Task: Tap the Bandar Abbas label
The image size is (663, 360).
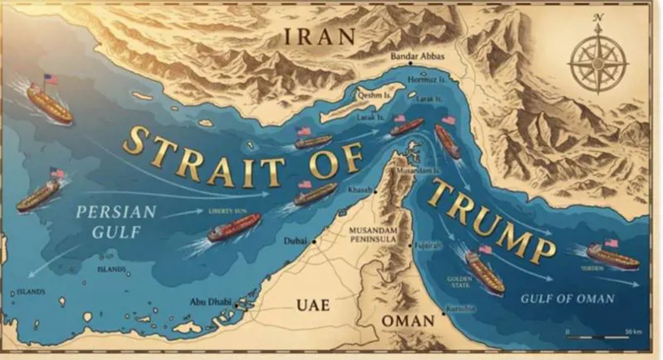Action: (x=417, y=57)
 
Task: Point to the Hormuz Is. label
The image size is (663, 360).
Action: (x=426, y=80)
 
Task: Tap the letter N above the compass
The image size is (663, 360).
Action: (x=598, y=18)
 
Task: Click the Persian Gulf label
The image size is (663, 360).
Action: (x=116, y=221)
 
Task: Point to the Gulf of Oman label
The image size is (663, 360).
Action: (x=567, y=298)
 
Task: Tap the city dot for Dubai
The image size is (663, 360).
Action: (x=314, y=242)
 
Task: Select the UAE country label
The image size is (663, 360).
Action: (x=313, y=305)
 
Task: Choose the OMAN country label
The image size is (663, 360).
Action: (x=408, y=321)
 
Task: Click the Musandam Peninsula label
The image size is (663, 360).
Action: (x=373, y=234)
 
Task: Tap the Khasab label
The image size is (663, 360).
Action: (x=360, y=190)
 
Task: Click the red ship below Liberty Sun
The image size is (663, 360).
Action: (x=234, y=227)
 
